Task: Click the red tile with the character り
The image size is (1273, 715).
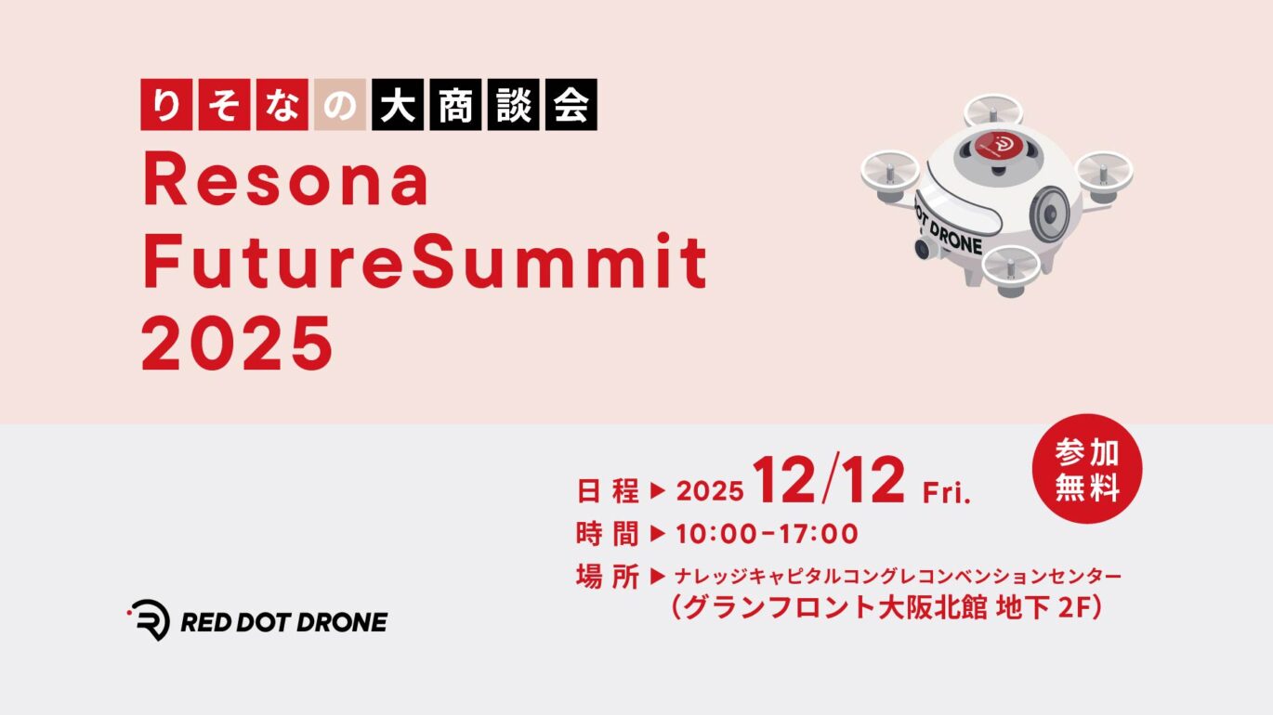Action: point(166,105)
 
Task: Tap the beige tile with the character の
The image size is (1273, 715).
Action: point(340,105)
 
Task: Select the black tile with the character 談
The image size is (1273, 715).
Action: point(513,105)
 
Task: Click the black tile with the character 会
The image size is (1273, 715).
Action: point(571,105)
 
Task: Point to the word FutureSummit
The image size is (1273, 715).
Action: point(425,262)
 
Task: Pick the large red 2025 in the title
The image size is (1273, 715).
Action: point(237,344)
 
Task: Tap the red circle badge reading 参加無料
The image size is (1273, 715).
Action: point(1087,469)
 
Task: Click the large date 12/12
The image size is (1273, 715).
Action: point(829,480)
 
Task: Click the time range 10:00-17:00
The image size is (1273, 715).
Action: point(767,534)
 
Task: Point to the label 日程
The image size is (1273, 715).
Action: point(608,491)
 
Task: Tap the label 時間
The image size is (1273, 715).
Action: point(608,534)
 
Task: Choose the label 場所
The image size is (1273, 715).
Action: point(608,577)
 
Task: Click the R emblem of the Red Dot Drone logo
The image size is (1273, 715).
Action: point(149,619)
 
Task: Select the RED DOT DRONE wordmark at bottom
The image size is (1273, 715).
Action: point(284,622)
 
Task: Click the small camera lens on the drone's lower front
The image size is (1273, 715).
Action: point(923,249)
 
